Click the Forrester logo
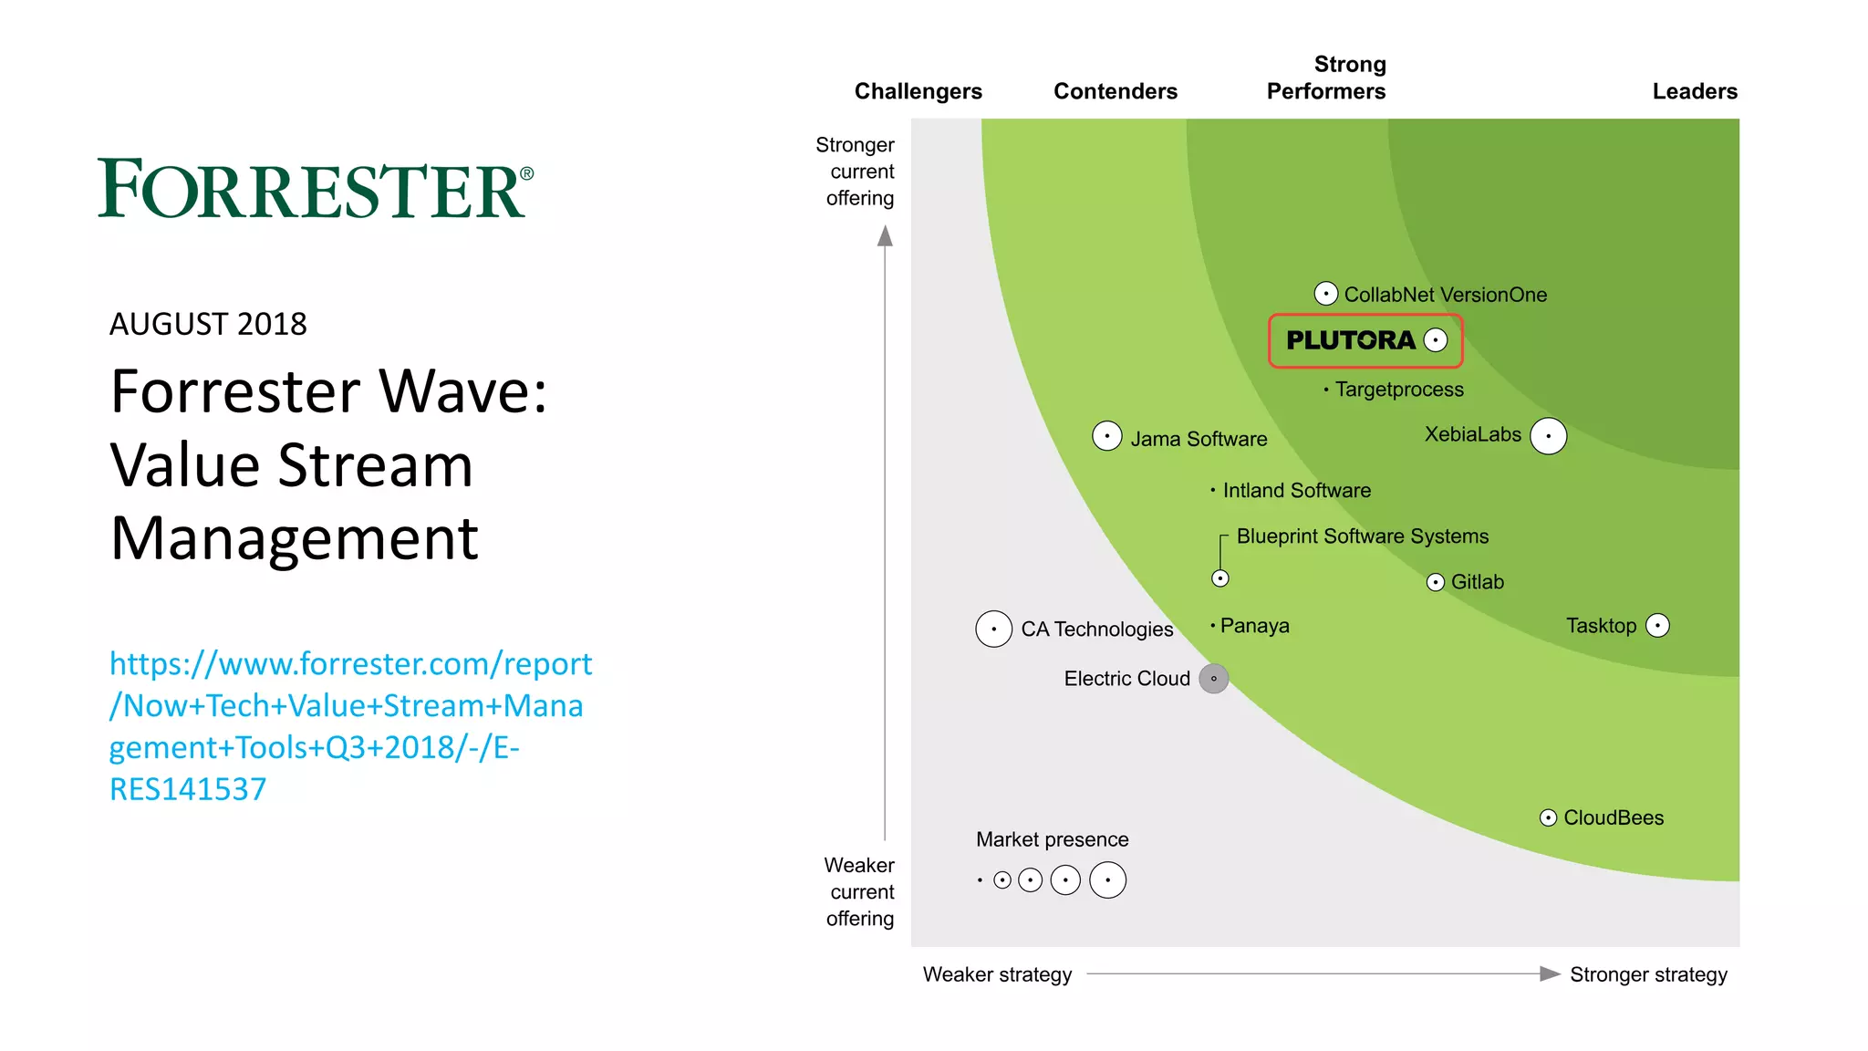(x=315, y=189)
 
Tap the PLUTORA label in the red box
(x=1350, y=340)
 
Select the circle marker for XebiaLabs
(x=1548, y=436)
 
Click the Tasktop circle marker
(x=1657, y=626)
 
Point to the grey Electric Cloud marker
(x=1213, y=679)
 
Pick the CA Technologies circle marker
(x=993, y=629)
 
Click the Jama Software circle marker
(x=1106, y=436)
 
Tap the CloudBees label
(x=1614, y=817)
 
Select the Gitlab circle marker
(x=1435, y=582)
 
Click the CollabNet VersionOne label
(x=1445, y=295)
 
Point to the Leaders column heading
(x=1695, y=91)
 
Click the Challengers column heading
(x=918, y=91)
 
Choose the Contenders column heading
(x=1115, y=91)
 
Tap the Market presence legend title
(x=1052, y=839)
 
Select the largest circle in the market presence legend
(x=1107, y=880)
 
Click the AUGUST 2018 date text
(x=208, y=324)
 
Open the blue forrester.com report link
(x=350, y=726)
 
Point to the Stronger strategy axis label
(x=1648, y=974)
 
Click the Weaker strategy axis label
(x=997, y=974)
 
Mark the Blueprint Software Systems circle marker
(x=1220, y=578)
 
